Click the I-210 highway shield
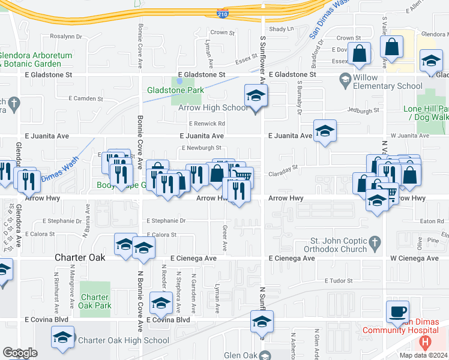pos(222,12)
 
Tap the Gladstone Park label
pos(176,91)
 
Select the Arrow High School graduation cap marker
pos(256,96)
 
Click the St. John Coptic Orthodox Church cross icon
pos(376,241)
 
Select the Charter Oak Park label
pos(95,301)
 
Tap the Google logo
pos(19,353)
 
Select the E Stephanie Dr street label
pos(166,221)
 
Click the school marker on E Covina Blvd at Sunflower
pos(262,322)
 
